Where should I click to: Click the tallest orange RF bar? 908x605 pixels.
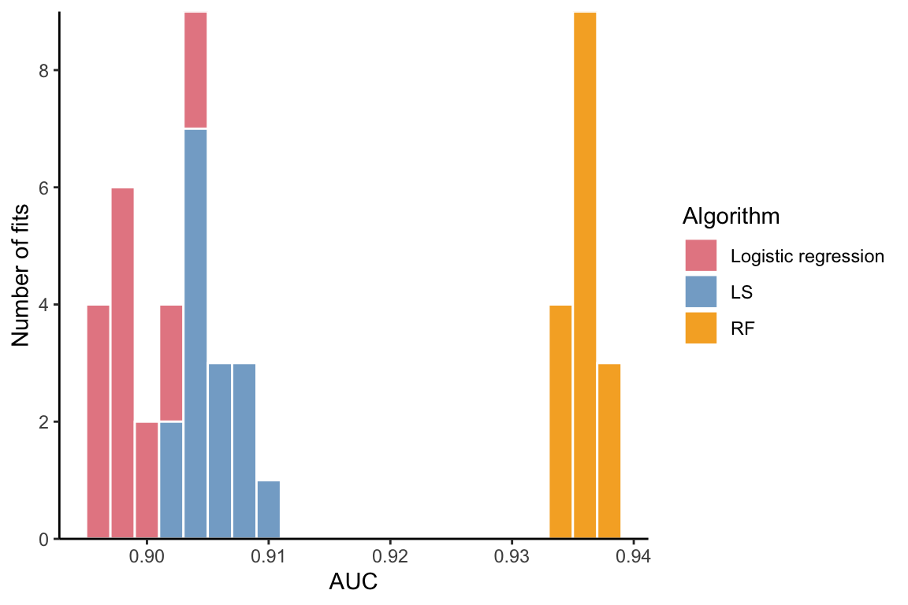point(585,276)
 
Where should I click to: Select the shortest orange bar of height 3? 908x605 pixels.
point(609,451)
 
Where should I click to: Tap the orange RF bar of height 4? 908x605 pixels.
point(560,422)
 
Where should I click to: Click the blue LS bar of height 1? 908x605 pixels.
point(269,510)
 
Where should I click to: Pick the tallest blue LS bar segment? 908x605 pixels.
point(195,334)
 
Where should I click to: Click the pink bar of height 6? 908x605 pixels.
point(122,363)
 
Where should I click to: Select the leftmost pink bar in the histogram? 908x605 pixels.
point(98,422)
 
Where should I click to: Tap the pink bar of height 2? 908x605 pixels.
point(147,481)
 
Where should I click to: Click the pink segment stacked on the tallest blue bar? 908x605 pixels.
point(195,70)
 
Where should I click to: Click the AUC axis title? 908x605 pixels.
point(353,584)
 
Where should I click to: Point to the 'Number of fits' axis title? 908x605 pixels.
point(21,276)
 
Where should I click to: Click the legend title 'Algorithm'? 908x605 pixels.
point(731,215)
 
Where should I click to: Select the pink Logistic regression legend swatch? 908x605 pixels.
point(701,256)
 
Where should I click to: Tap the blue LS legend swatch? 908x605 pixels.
point(701,292)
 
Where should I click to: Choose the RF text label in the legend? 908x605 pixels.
point(742,328)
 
